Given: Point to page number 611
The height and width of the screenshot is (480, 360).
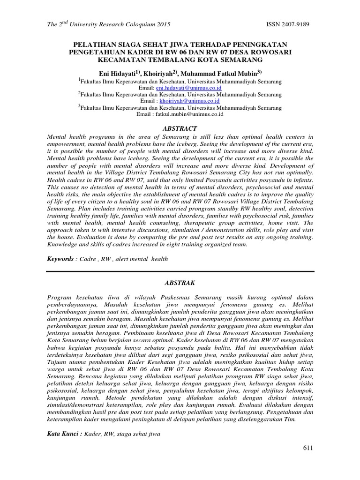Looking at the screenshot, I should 307,448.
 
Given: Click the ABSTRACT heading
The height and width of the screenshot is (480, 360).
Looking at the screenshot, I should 180,128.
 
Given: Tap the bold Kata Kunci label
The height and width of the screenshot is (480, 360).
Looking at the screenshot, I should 64,434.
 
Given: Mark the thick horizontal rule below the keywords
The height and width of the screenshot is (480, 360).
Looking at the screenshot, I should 180,270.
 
